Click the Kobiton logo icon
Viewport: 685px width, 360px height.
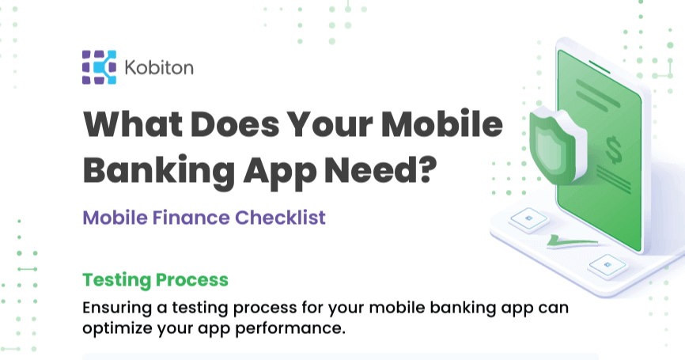click(99, 67)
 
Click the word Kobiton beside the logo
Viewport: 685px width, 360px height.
click(158, 68)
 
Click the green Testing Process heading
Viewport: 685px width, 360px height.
click(155, 279)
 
